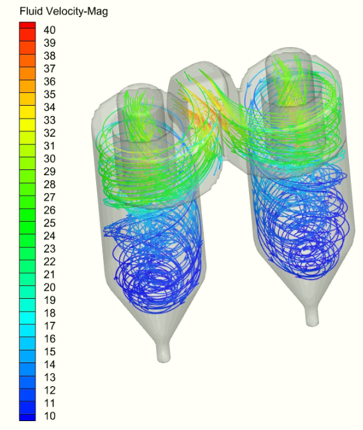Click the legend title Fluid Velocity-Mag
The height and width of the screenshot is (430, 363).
tap(64, 11)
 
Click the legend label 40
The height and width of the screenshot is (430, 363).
tap(50, 30)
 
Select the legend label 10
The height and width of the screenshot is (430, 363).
tap(50, 416)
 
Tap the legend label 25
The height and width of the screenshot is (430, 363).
tap(50, 223)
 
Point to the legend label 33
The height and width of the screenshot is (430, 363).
tap(50, 120)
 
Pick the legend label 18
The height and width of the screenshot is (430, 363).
tap(50, 313)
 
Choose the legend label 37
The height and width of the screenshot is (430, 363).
tap(50, 69)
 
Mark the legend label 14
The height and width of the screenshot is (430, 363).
tap(50, 364)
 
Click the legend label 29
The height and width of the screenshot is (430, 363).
tap(50, 171)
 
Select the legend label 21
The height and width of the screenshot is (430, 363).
tap(50, 275)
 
